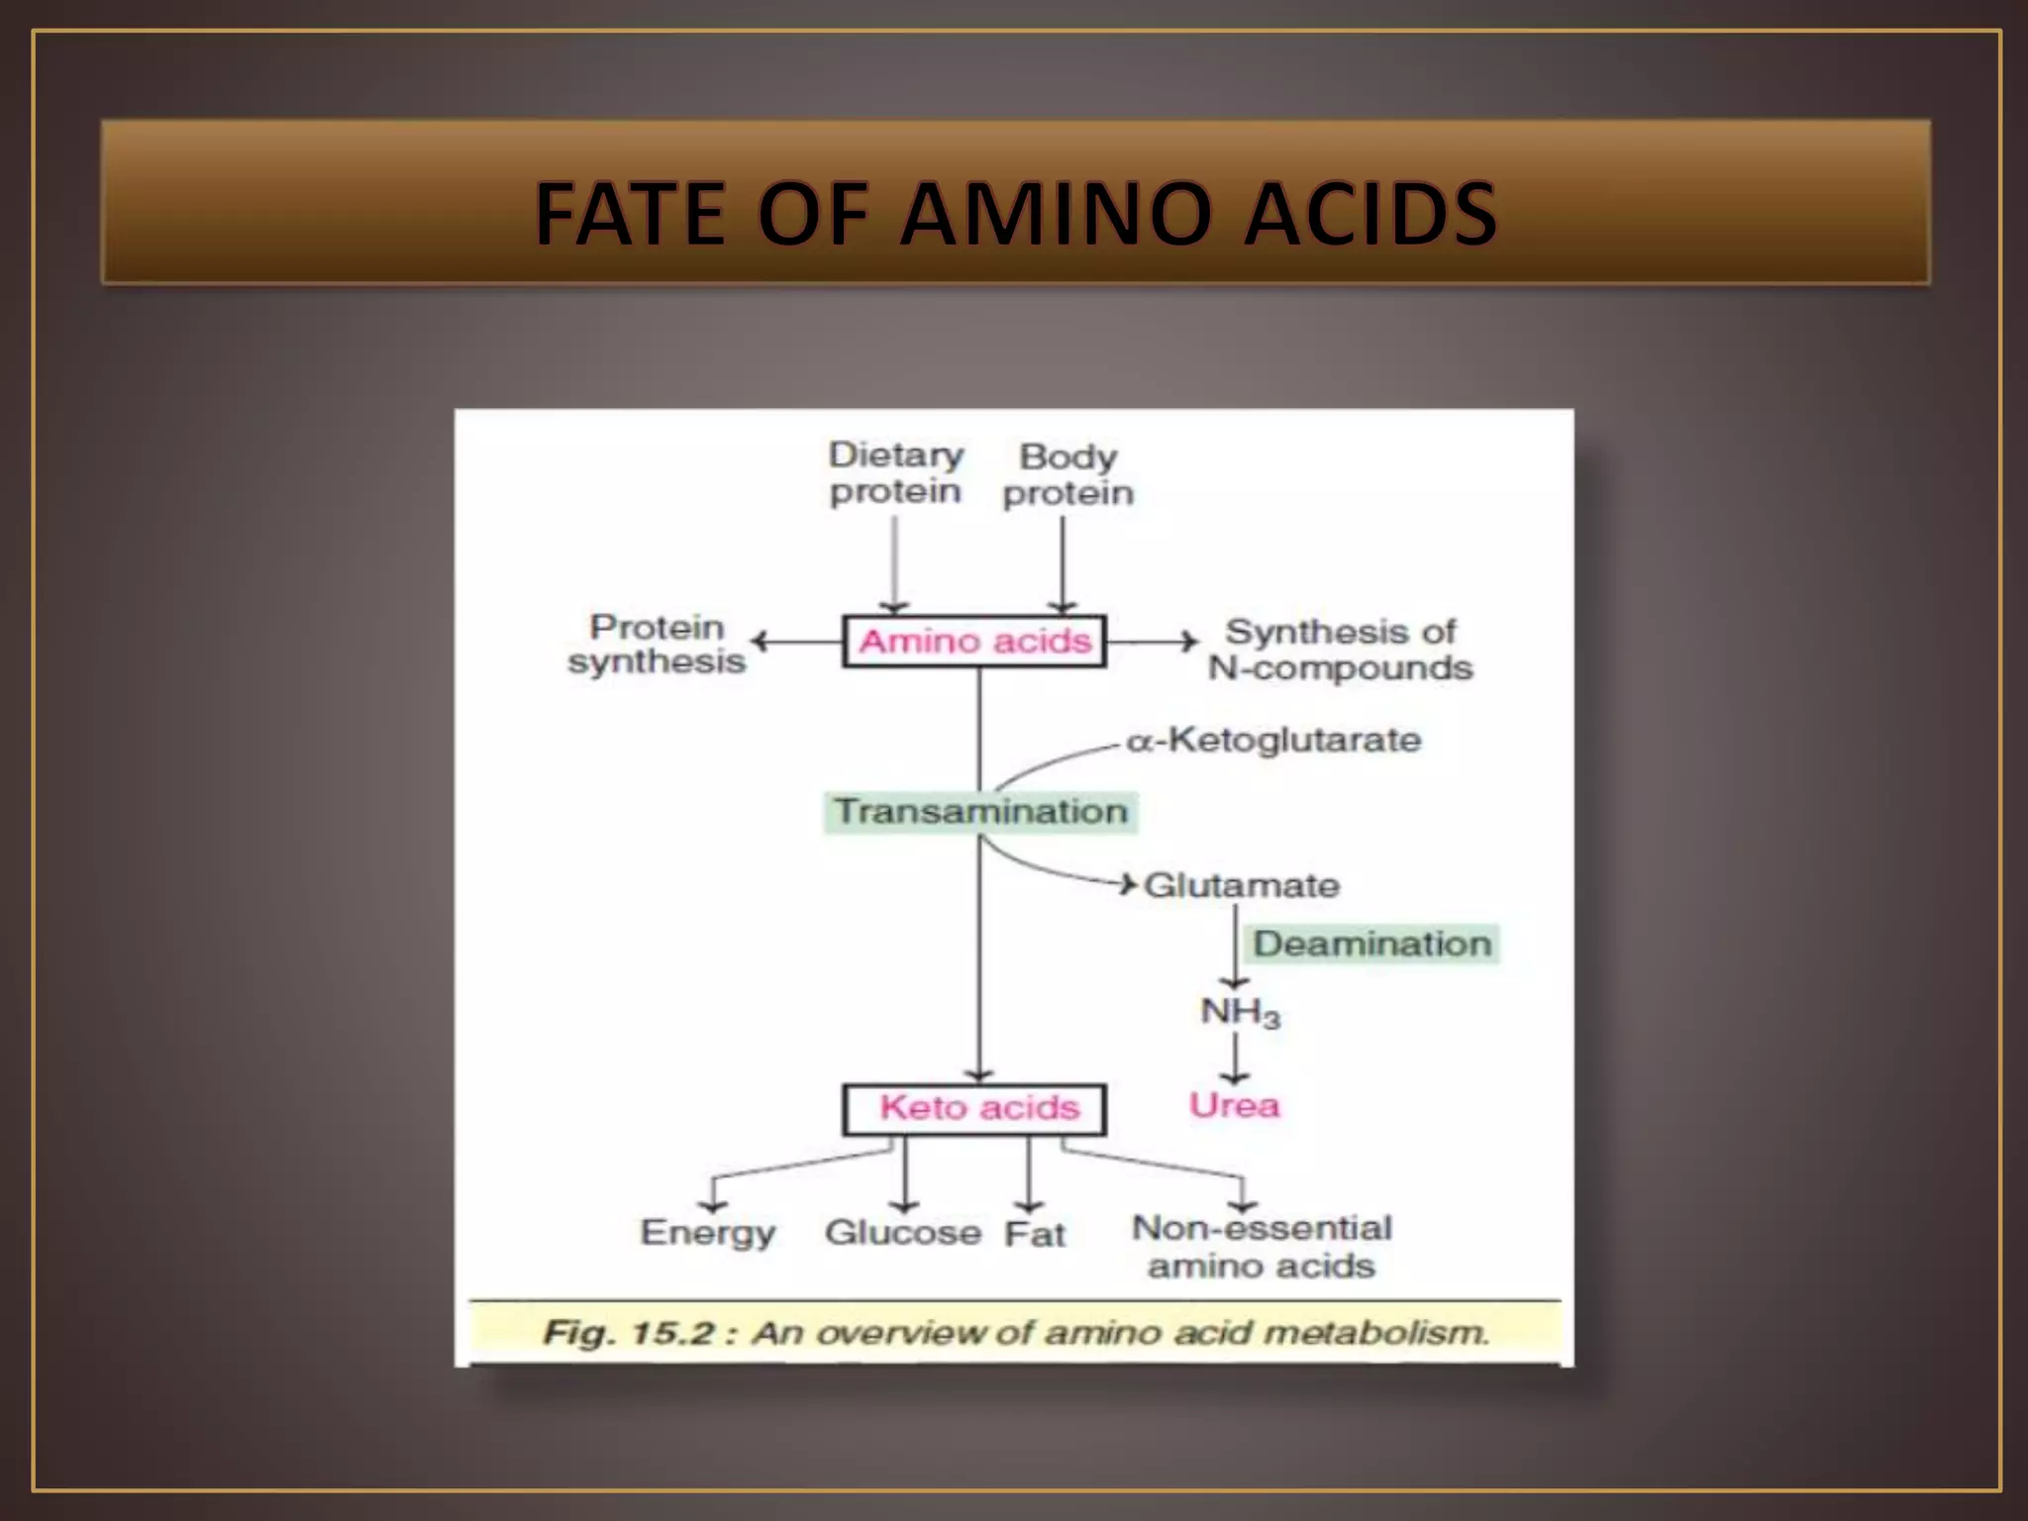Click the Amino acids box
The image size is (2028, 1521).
tap(974, 642)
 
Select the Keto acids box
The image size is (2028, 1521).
tap(974, 1108)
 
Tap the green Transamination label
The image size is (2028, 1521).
tap(980, 812)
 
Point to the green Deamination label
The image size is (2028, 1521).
tap(1371, 944)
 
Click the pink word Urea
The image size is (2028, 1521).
tap(1234, 1105)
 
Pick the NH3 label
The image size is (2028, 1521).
tap(1239, 1012)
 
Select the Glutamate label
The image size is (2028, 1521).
tap(1241, 885)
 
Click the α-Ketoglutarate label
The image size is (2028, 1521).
tap(1273, 740)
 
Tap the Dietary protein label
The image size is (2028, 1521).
tap(895, 473)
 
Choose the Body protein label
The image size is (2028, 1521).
tap(1067, 474)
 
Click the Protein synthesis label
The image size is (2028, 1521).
tap(657, 644)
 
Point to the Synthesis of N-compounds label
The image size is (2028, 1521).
tap(1340, 650)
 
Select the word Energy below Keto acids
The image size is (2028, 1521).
tap(707, 1233)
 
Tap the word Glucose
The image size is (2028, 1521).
tap(902, 1233)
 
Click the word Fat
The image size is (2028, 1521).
tap(1034, 1234)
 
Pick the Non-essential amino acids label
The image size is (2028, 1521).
tap(1262, 1247)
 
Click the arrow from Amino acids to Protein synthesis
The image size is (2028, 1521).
tap(796, 642)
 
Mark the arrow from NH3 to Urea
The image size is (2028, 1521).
tap(1235, 1058)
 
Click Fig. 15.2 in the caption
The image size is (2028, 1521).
tap(629, 1333)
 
